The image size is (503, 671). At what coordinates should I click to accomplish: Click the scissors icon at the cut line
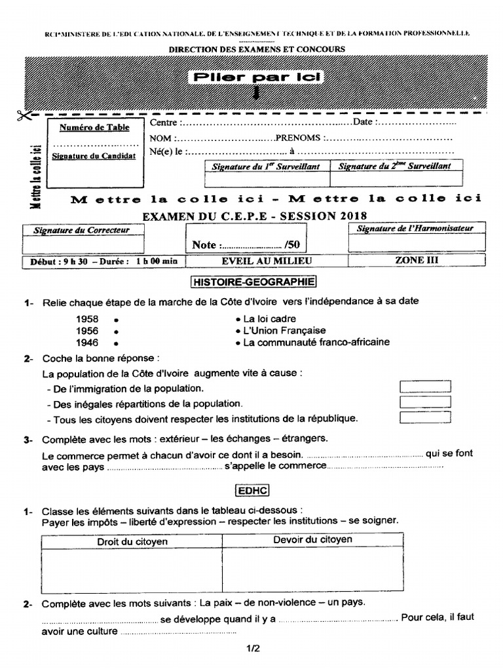24,116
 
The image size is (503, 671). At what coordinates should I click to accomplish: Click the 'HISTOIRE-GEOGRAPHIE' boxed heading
253,282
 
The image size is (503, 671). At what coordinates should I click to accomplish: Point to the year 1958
87,318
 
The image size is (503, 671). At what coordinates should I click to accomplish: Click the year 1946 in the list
87,343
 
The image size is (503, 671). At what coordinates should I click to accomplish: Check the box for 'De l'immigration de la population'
425,387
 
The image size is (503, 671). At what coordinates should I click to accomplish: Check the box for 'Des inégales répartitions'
425,401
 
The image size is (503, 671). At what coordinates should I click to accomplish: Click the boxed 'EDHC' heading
253,490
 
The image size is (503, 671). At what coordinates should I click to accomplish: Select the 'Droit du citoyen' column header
132,541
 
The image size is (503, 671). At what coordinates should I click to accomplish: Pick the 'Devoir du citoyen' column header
312,540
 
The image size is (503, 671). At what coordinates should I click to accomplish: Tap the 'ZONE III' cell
417,260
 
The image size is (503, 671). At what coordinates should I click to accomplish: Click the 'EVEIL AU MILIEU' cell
267,261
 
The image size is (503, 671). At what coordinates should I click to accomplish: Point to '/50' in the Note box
292,244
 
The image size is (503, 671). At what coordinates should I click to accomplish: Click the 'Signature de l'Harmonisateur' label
415,229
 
